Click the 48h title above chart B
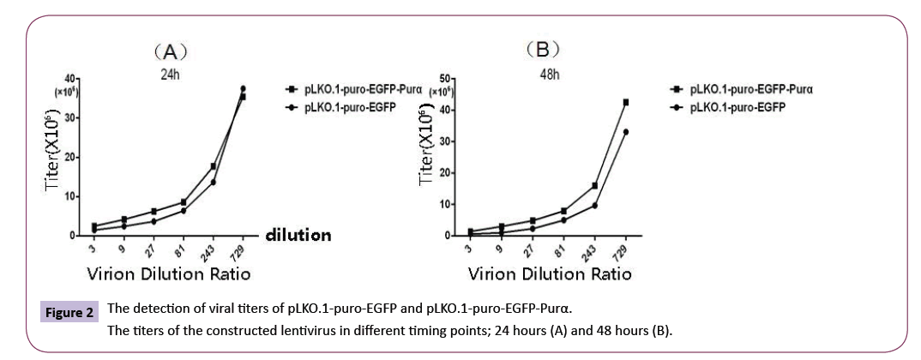(550, 74)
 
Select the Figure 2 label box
(69, 311)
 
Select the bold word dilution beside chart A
(297, 233)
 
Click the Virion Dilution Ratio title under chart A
(168, 273)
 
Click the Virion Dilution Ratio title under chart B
(550, 273)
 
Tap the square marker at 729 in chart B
(626, 102)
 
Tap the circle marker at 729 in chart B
(626, 131)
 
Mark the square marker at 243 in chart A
(213, 165)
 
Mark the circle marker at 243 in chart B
(593, 205)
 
